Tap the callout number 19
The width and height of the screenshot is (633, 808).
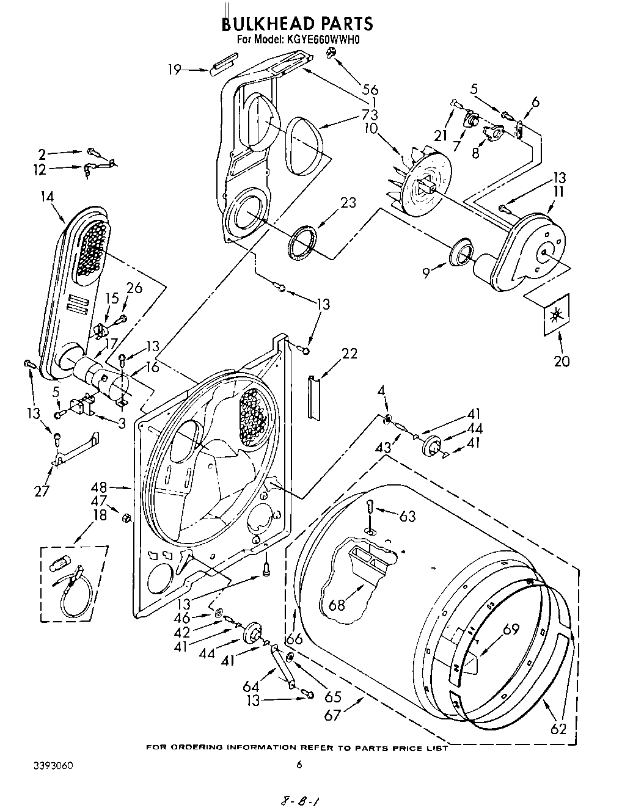[x=175, y=70]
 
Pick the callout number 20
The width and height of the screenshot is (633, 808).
[x=561, y=361]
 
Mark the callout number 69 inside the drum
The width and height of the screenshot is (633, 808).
[x=511, y=629]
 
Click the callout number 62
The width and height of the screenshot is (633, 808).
[x=558, y=728]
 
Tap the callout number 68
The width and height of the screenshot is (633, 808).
[x=337, y=605]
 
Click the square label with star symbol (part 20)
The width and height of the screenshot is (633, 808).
[x=556, y=315]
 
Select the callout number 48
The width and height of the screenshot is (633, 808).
[x=99, y=487]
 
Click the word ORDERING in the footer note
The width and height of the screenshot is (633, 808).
[x=197, y=748]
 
